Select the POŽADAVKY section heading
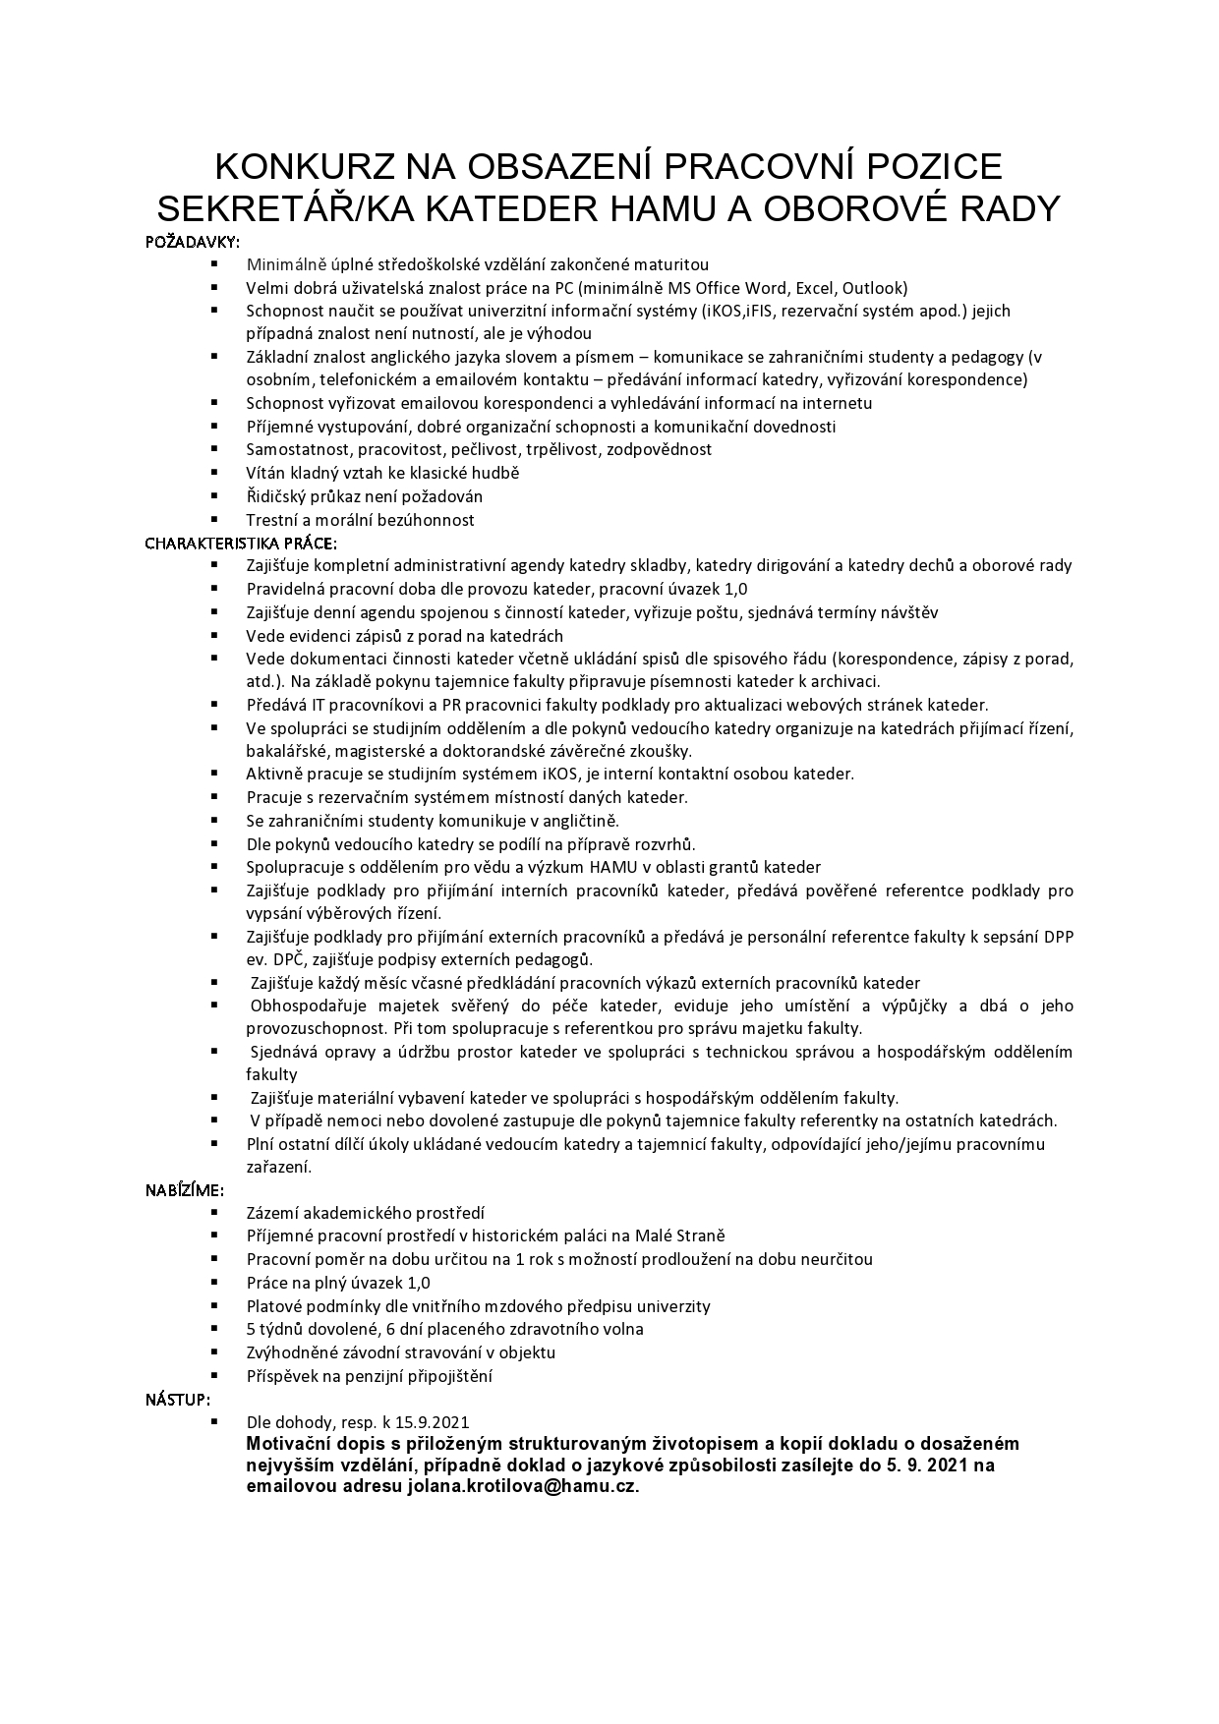pos(192,242)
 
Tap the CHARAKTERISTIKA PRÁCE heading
pos(241,543)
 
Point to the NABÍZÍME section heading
pos(184,1190)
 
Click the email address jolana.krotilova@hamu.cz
pos(521,1486)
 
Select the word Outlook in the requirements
pos(873,288)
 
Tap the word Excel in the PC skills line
pos(814,288)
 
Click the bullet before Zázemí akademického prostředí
pos(213,1213)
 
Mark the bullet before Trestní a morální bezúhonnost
pos(213,519)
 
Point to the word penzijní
pos(360,1376)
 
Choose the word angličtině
pos(576,821)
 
